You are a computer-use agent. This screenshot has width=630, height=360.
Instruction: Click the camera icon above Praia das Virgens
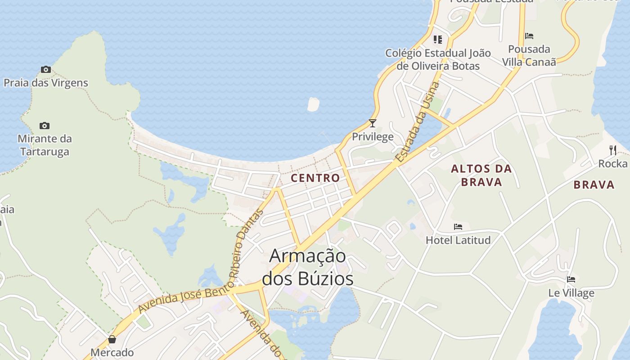pos(45,69)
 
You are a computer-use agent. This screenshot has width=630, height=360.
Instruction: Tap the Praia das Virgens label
pos(46,83)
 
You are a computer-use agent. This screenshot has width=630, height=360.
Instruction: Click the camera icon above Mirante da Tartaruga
pos(44,126)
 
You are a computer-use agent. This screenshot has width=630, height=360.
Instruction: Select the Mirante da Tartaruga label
pos(45,145)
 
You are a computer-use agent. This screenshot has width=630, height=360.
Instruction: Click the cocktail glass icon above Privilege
pos(372,123)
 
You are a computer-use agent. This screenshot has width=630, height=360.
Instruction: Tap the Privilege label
pos(373,137)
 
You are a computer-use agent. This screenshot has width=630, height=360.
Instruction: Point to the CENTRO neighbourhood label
pos(315,178)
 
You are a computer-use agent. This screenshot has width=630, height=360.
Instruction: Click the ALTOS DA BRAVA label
pos(481,175)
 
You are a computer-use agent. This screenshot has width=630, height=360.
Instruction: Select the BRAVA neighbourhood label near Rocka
pos(594,184)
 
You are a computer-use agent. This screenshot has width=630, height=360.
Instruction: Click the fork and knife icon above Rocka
pos(612,150)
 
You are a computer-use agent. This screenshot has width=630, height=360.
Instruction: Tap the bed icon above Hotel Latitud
pos(458,227)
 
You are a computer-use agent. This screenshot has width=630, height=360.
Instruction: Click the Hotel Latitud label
pos(458,240)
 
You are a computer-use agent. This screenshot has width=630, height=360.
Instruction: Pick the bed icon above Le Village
pos(571,279)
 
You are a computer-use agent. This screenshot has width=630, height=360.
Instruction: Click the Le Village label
pos(571,293)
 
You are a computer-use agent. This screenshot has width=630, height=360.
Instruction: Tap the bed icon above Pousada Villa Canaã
pos(529,36)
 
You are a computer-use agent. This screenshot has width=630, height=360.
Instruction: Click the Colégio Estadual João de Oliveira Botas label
pos(438,59)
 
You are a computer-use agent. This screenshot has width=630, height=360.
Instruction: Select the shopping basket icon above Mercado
pos(112,339)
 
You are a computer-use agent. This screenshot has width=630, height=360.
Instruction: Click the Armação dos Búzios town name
pos(308,267)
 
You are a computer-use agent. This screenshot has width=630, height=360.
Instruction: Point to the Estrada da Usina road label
pos(417,121)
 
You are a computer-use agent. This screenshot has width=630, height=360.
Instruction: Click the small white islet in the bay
pos(313,104)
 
